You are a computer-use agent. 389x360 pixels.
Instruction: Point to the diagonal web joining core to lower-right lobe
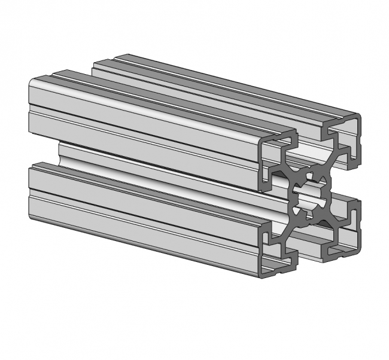click(329, 218)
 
